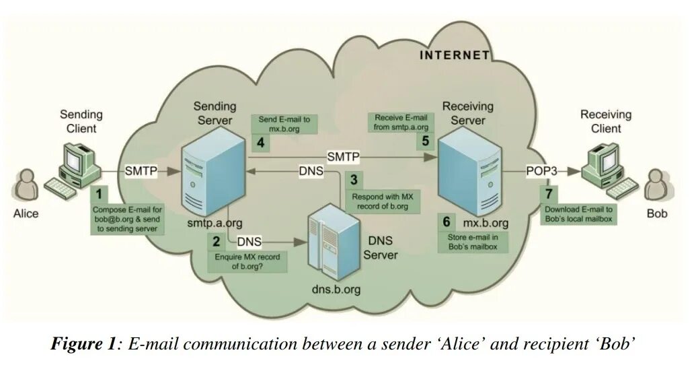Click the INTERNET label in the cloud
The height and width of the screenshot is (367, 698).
pyautogui.click(x=455, y=56)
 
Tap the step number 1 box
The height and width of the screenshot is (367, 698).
pyautogui.click(x=99, y=193)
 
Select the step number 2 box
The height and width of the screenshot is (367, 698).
pyautogui.click(x=215, y=240)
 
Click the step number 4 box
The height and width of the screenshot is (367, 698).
pyautogui.click(x=260, y=142)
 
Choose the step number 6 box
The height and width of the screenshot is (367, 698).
pyautogui.click(x=445, y=222)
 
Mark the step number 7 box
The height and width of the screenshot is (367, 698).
pyautogui.click(x=549, y=193)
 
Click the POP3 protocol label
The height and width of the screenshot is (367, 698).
pyautogui.click(x=541, y=171)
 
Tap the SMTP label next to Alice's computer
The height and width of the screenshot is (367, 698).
pyautogui.click(x=141, y=171)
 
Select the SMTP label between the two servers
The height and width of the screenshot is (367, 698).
pyautogui.click(x=343, y=157)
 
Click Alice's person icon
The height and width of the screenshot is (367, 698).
pyautogui.click(x=26, y=185)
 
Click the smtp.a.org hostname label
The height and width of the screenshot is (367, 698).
pyautogui.click(x=216, y=222)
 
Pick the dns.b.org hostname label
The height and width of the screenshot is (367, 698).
pyautogui.click(x=336, y=290)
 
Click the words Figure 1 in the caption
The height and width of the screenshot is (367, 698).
pyautogui.click(x=83, y=345)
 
